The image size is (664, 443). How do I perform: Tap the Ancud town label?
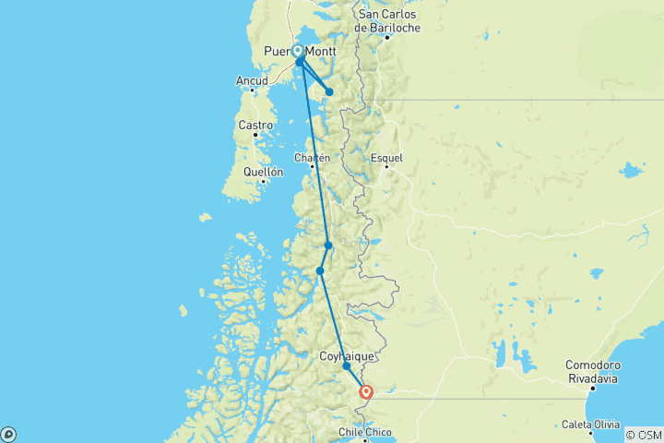pyautogui.click(x=252, y=81)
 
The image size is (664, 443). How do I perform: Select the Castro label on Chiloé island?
pyautogui.click(x=255, y=125)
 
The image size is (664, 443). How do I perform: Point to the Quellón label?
pyautogui.click(x=263, y=172)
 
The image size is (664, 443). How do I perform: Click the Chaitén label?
pyautogui.click(x=312, y=158)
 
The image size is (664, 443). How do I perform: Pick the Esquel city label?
pyautogui.click(x=387, y=158)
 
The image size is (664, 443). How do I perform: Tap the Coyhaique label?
pyautogui.click(x=346, y=355)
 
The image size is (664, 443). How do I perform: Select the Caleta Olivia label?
pyautogui.click(x=592, y=425)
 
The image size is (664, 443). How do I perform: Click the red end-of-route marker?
pyautogui.click(x=366, y=392)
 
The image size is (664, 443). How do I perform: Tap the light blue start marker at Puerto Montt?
pyautogui.click(x=299, y=52)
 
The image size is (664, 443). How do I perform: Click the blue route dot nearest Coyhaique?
pyautogui.click(x=347, y=366)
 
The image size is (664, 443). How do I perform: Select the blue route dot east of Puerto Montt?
pyautogui.click(x=329, y=91)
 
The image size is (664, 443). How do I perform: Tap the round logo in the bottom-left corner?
pyautogui.click(x=8, y=434)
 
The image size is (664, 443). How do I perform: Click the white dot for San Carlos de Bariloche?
pyautogui.click(x=388, y=37)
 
